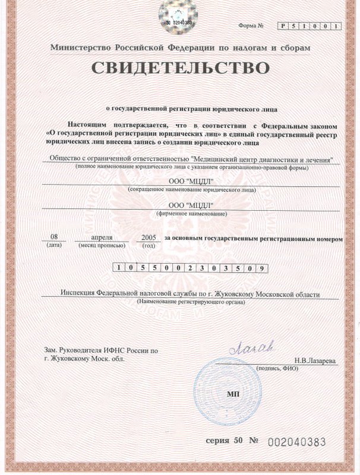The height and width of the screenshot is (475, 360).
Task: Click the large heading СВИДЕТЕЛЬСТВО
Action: pos(180,68)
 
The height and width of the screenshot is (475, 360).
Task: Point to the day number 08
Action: pos(55,237)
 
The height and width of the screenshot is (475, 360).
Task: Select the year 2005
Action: pos(146,237)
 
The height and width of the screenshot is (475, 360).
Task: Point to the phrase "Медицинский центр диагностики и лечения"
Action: pos(263,159)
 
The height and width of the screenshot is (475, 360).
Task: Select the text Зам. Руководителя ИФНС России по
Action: pos(102,351)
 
